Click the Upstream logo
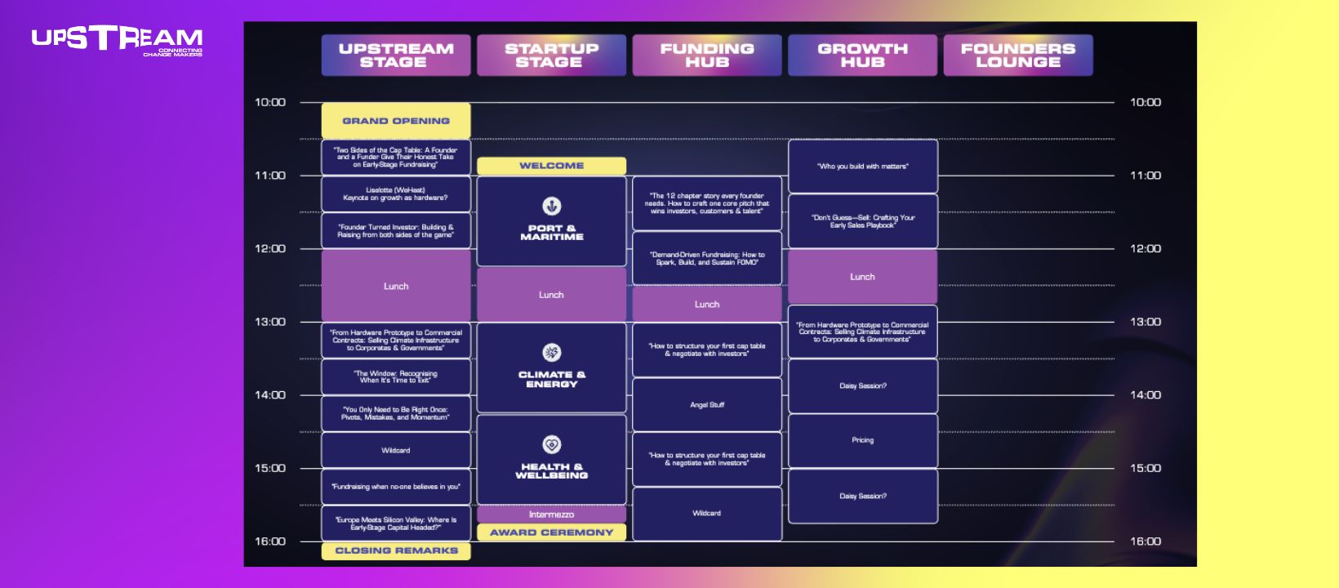(118, 40)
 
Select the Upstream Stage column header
(396, 56)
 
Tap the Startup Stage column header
(551, 56)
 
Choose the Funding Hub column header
(707, 56)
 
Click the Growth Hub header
(862, 56)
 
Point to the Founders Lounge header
(1018, 56)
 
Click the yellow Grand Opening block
(396, 121)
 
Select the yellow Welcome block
(551, 166)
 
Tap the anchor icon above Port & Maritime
(552, 206)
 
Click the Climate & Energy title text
(552, 379)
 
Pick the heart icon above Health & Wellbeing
(552, 444)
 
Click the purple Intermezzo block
(551, 514)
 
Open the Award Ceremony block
(551, 532)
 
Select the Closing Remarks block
(396, 550)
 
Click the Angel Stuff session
(707, 405)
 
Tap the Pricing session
(862, 440)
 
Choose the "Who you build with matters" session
(862, 167)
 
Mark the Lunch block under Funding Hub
(707, 305)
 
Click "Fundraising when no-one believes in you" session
(396, 487)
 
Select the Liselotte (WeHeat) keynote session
(396, 194)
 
